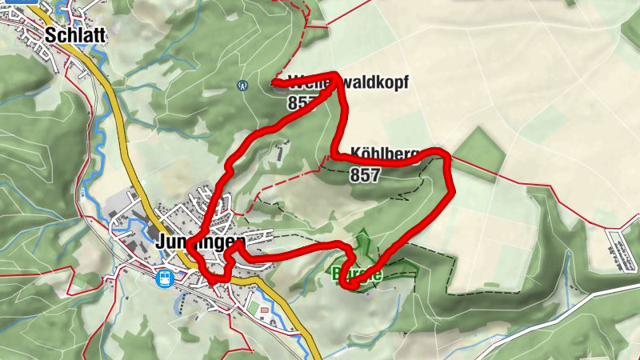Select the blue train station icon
coord(165,278)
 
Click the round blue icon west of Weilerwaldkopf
coord(242,85)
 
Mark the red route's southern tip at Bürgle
coord(346,284)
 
